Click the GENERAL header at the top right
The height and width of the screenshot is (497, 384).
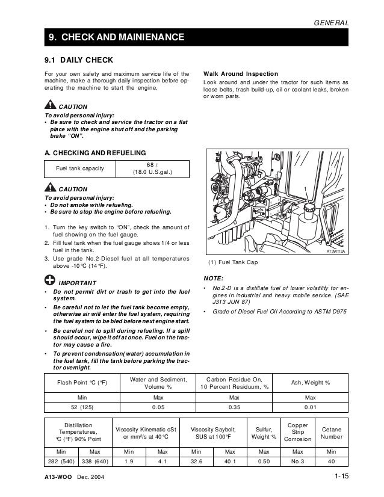click(332, 22)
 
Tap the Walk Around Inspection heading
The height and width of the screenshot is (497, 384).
click(241, 73)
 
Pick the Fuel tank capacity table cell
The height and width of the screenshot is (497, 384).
click(79, 168)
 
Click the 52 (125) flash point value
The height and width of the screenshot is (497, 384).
click(81, 408)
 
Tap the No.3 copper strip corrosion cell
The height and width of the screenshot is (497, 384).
click(298, 461)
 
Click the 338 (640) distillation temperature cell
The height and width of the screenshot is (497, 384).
click(94, 461)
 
